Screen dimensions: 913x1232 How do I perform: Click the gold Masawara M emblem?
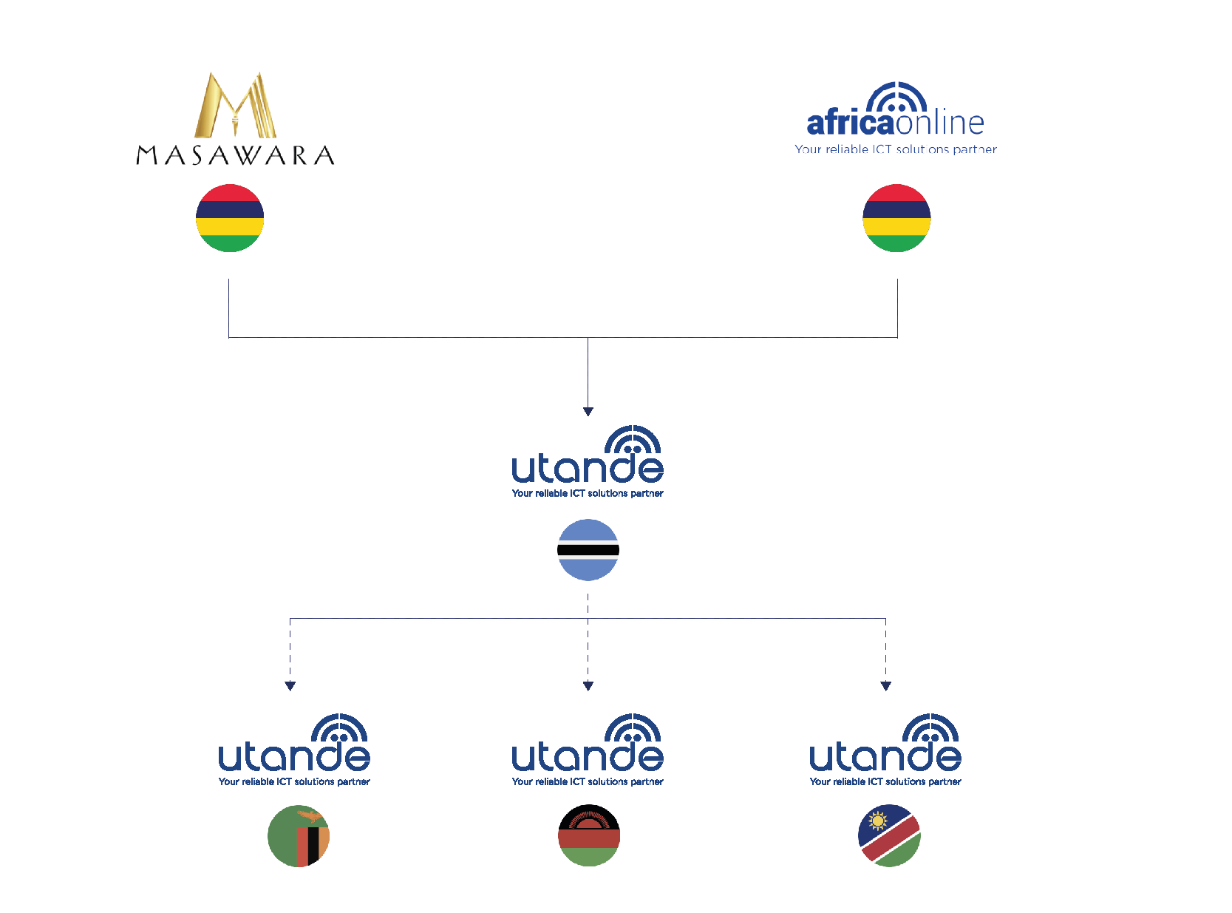point(235,105)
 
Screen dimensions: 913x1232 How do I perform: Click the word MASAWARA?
point(235,155)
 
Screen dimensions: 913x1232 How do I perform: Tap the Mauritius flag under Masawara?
point(230,218)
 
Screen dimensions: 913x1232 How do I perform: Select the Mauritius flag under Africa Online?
point(896,218)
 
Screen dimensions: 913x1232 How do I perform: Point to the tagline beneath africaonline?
point(895,149)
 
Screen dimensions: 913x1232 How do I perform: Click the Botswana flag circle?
point(588,550)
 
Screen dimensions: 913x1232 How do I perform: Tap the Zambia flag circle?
point(299,836)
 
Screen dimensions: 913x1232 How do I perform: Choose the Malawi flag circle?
point(589,836)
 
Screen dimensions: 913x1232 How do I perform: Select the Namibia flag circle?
point(889,836)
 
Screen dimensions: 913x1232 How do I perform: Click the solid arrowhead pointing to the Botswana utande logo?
point(588,412)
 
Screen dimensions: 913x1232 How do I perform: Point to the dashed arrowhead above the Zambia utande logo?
point(290,686)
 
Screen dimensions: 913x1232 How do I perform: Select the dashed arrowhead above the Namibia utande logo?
point(886,686)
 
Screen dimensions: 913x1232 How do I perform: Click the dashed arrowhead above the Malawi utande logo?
point(588,686)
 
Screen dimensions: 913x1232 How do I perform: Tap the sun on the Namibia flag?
point(878,821)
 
